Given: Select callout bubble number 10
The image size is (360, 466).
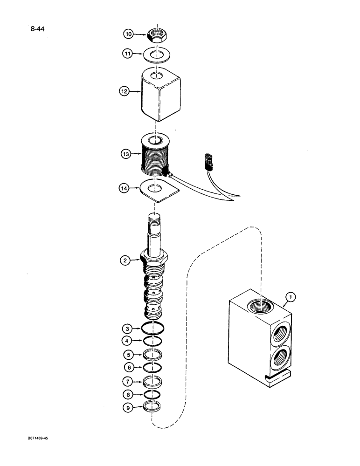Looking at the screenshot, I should (x=129, y=34).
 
